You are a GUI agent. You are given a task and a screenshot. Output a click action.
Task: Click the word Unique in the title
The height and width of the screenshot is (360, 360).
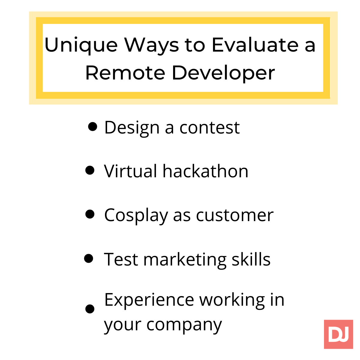tap(81, 45)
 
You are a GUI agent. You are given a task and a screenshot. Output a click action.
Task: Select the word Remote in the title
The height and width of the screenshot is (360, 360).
tap(125, 73)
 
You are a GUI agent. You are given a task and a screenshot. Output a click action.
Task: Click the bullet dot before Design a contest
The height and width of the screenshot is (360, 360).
tap(92, 127)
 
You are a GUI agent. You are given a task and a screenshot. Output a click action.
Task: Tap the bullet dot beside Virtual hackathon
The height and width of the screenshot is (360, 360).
tap(90, 170)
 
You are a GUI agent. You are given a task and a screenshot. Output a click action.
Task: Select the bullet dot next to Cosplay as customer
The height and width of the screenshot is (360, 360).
tap(90, 214)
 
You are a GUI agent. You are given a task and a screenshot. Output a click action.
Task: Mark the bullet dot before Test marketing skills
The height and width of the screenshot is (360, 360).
tap(88, 259)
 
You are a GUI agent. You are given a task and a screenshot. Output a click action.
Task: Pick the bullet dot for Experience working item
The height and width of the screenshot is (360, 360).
tap(90, 309)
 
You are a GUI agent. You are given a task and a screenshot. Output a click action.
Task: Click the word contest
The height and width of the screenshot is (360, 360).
tap(209, 128)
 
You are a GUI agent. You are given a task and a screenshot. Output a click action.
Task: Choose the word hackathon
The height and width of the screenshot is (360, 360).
tap(205, 171)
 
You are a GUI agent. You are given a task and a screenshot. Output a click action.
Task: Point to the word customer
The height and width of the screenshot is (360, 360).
tap(235, 216)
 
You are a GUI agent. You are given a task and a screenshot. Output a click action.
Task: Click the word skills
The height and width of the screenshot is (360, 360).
tap(251, 259)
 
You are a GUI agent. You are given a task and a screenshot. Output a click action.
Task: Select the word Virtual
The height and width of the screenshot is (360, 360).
tap(130, 171)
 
